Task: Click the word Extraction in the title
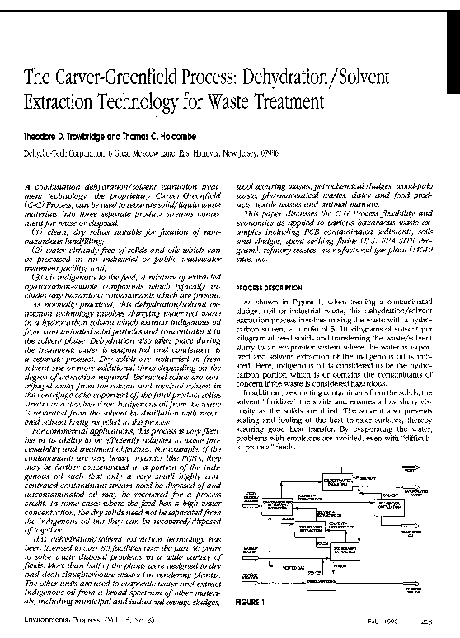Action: (63, 106)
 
